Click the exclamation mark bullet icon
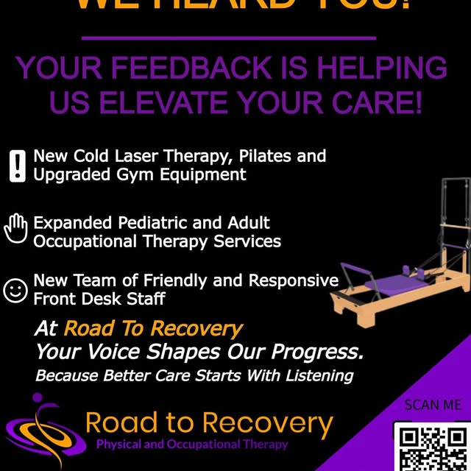(16, 166)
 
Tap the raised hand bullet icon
(15, 228)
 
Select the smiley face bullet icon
(15, 289)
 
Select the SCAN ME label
(433, 405)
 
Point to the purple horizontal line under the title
(229, 38)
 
